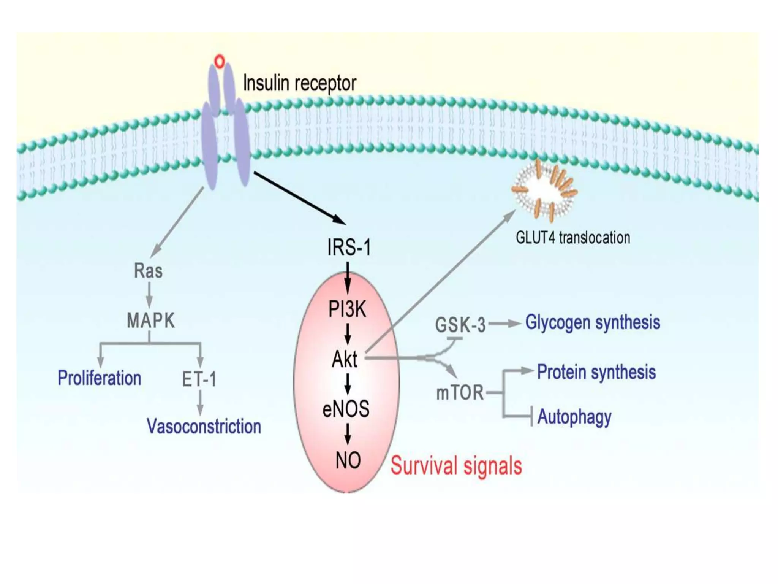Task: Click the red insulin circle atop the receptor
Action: [x=220, y=61]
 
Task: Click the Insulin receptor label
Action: [x=299, y=83]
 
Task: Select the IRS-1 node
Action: [x=349, y=248]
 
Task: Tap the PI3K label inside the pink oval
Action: [x=347, y=309]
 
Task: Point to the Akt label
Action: [x=345, y=359]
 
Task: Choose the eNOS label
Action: [x=346, y=409]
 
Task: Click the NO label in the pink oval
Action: [x=348, y=460]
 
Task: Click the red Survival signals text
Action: [x=456, y=466]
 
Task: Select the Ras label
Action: [x=148, y=271]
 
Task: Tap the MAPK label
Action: [x=150, y=321]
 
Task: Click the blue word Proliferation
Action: [x=99, y=378]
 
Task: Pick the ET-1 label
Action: [x=199, y=379]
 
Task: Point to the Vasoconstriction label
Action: [x=204, y=426]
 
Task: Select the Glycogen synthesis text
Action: [x=593, y=322]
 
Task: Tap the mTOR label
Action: [x=460, y=393]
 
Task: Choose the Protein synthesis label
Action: [x=596, y=372]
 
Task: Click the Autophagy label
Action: [x=574, y=417]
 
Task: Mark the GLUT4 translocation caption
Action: [x=573, y=238]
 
